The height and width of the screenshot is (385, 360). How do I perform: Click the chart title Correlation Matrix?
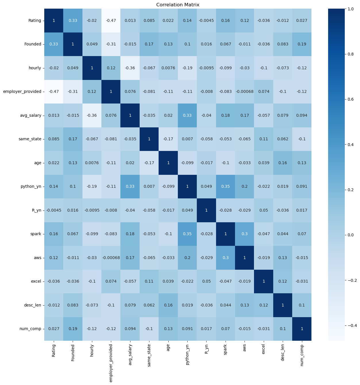178,5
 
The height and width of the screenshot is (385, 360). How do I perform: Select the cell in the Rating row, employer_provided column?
111,20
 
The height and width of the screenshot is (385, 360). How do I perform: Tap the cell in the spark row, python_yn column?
187,234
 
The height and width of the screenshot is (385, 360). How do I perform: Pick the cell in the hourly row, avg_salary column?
130,68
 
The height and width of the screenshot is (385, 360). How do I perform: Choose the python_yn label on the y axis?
31,186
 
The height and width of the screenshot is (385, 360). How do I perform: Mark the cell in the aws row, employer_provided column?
111,258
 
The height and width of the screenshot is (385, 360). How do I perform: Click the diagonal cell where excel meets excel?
264,281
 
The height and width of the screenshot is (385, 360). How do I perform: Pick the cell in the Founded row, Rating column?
54,44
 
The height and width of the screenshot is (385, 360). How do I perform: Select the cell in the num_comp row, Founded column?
73,329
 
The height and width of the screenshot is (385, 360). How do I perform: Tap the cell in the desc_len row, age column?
168,305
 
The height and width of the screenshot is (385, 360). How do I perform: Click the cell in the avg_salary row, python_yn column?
187,115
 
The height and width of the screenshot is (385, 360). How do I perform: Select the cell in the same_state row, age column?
168,139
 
